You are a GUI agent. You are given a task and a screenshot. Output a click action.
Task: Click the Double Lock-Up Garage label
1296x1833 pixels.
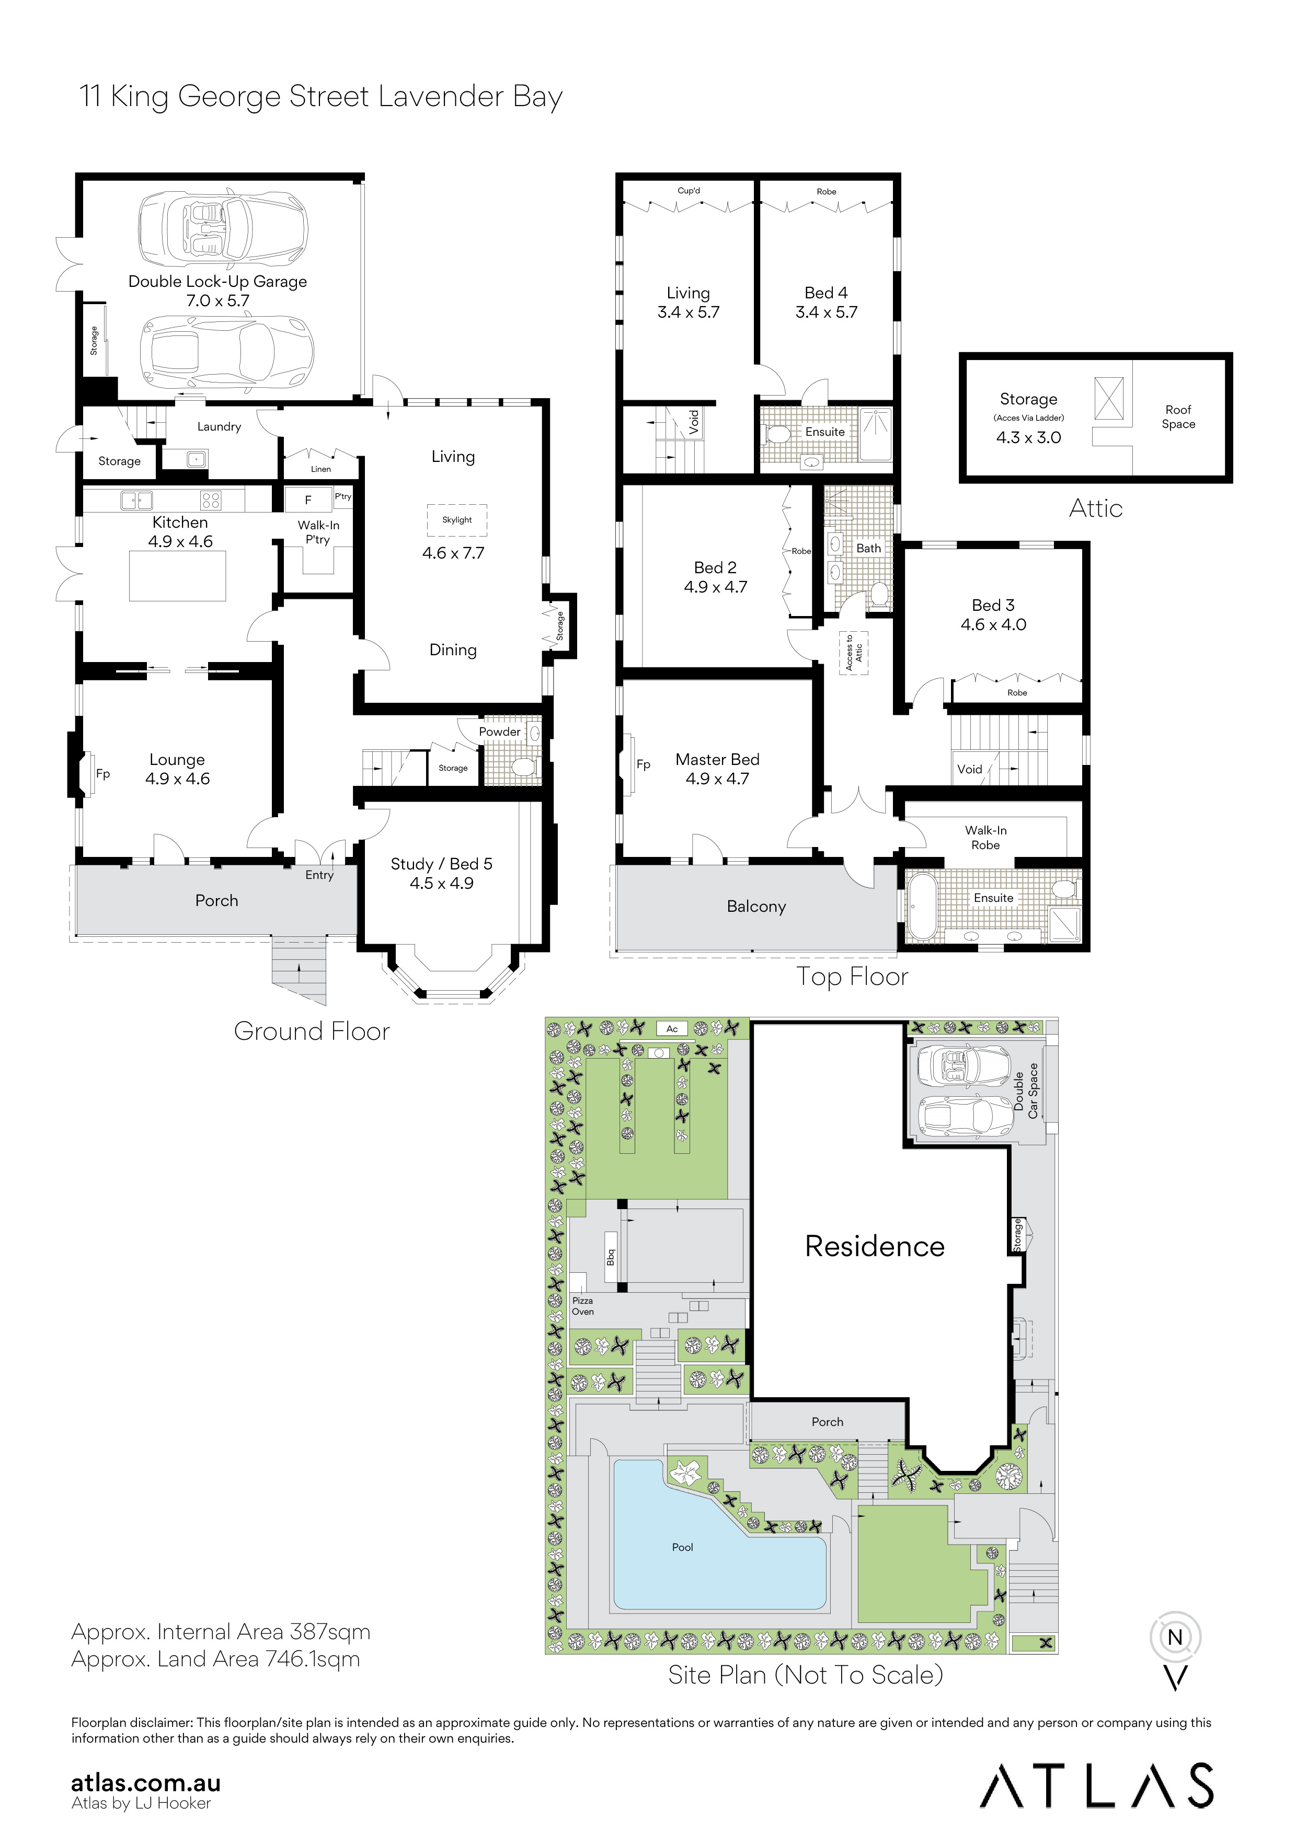coord(217,281)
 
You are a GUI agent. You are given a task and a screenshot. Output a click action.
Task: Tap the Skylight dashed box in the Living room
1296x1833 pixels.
coord(457,520)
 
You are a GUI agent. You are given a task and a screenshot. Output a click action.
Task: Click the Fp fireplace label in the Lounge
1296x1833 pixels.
coord(103,774)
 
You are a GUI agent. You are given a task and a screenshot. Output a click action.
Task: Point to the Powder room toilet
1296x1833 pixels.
coord(523,767)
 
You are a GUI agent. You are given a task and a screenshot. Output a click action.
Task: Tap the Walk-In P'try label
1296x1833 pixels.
coord(318,532)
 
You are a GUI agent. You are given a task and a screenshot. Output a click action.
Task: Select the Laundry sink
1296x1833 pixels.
coord(195,459)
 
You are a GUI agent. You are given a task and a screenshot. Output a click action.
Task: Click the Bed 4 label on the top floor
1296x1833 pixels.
coord(825,293)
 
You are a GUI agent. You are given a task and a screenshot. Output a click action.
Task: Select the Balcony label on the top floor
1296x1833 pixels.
coord(755,906)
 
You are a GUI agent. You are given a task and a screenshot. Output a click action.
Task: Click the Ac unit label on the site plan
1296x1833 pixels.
coord(672,1029)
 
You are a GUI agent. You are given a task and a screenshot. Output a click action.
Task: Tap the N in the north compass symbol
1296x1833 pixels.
coord(1175,1638)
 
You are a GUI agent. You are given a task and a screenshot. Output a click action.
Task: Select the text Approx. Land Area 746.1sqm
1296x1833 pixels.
coord(215,1659)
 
